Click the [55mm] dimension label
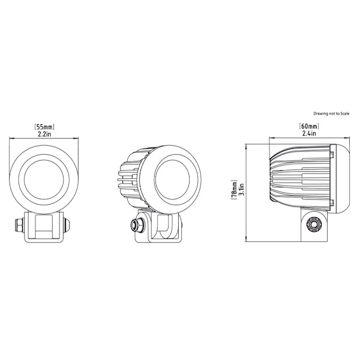(x=44, y=127)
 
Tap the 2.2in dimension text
(x=44, y=134)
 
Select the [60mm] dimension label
(x=309, y=126)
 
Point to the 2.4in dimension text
(x=309, y=133)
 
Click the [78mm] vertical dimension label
(x=235, y=190)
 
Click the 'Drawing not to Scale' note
(x=331, y=113)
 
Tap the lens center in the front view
(x=44, y=179)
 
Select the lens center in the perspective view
(x=173, y=179)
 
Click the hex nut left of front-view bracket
(x=19, y=224)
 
